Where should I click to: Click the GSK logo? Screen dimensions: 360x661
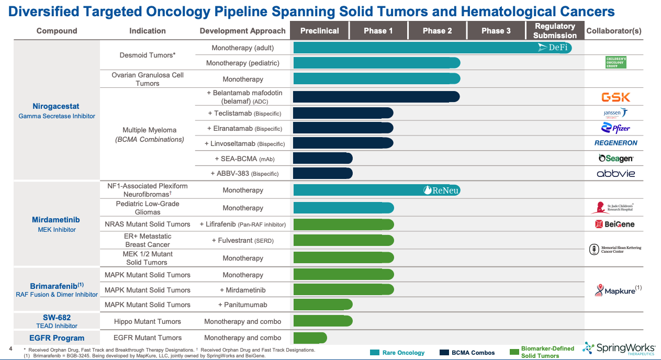pos(615,97)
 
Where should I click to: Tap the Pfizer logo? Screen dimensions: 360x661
pos(615,128)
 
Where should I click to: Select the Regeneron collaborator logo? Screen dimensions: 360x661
pos(615,143)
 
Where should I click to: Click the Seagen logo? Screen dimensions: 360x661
pos(615,158)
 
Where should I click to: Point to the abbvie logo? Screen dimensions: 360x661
pos(615,173)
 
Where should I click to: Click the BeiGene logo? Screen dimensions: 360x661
pos(615,224)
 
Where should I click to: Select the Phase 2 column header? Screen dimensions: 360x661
pos(437,31)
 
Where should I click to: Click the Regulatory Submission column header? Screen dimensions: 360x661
pos(555,31)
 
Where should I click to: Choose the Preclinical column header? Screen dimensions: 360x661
pos(319,31)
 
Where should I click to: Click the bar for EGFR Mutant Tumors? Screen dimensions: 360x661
pos(310,337)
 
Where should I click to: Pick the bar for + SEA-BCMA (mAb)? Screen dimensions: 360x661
pos(322,158)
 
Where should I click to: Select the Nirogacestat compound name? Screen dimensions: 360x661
pos(56,106)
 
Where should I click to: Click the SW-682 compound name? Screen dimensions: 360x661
pos(57,318)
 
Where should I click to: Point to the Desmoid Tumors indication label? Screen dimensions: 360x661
pos(148,55)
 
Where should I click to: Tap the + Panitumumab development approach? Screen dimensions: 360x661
pos(242,305)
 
